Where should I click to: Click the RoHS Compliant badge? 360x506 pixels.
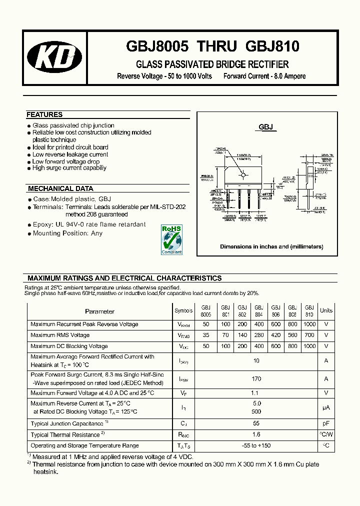171,239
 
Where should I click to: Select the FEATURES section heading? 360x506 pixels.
44,114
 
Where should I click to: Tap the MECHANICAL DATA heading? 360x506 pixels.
60,188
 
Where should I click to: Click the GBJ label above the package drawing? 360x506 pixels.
266,127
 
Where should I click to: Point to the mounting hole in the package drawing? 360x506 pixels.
243,174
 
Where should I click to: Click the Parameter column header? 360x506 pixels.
99,311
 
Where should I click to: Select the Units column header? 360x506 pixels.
326,310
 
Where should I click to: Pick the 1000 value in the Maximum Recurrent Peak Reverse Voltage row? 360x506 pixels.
309,324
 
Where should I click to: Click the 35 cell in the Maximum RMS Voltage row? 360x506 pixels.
206,335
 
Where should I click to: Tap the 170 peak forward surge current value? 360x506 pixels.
257,379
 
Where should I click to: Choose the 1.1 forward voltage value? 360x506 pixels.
257,393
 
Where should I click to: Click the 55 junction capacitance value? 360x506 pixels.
257,423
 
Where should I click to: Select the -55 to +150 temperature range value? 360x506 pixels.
257,445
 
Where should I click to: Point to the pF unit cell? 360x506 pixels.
326,423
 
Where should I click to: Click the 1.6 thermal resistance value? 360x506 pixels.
257,434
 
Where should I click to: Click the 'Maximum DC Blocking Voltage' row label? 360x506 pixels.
69,346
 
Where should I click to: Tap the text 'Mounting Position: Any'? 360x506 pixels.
67,233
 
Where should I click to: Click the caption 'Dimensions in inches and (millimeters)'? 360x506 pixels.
271,246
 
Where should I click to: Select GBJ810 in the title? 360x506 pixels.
272,46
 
